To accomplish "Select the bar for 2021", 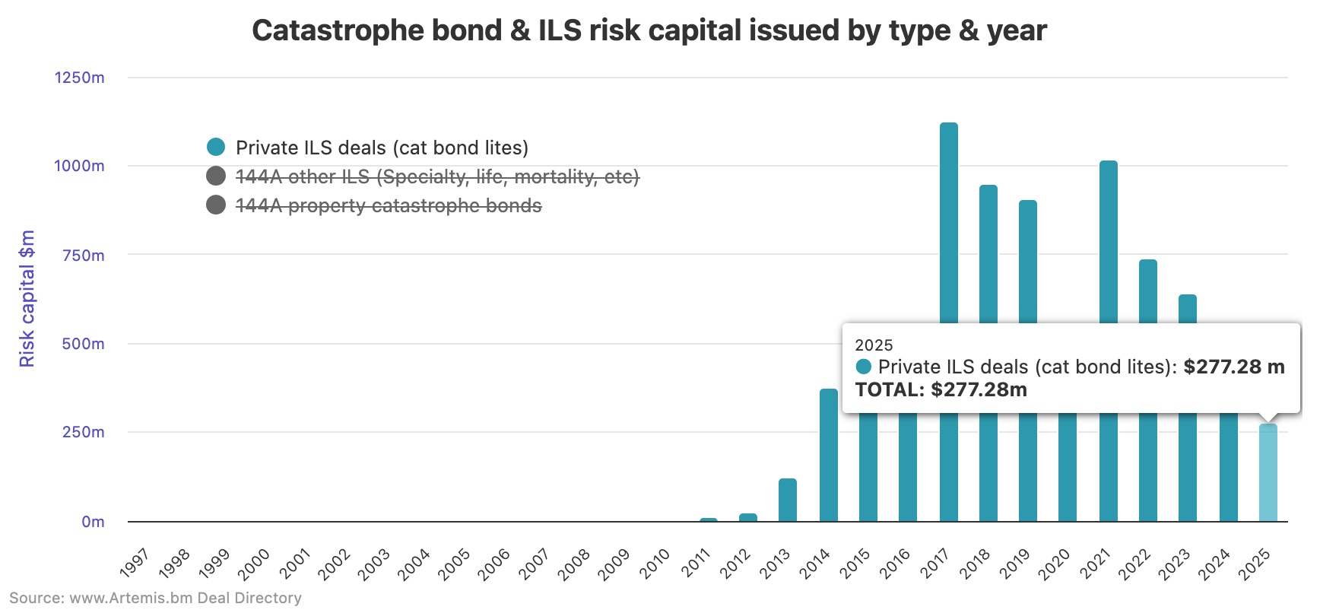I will [x=1108, y=243].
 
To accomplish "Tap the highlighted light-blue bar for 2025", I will [x=1268, y=472].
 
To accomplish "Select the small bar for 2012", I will [x=748, y=517].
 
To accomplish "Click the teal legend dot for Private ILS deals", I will [x=216, y=147].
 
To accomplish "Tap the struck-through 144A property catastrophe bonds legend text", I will [x=389, y=205].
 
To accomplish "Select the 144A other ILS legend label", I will [x=437, y=176].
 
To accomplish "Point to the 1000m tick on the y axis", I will [x=79, y=166].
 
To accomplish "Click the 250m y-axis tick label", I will [x=84, y=432].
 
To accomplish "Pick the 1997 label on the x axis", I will [x=135, y=564].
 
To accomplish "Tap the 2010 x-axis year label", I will [x=654, y=564].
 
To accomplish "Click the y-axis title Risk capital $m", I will [x=27, y=298].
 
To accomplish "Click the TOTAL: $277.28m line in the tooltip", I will [x=941, y=389].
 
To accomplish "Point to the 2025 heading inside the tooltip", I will [x=874, y=345].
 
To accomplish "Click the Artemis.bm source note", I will [x=155, y=598].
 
